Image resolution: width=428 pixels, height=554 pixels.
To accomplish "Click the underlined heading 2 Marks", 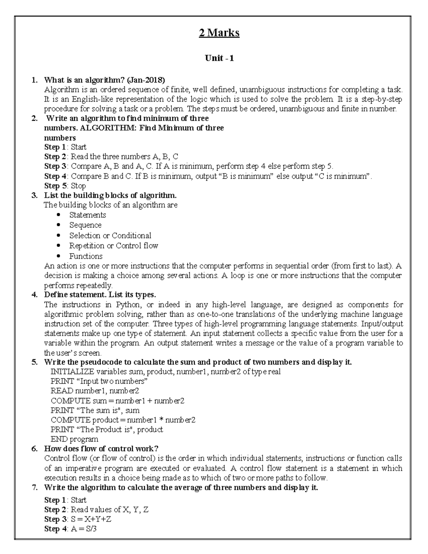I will click(219, 33).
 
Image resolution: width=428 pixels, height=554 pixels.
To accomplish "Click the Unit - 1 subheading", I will click(219, 58).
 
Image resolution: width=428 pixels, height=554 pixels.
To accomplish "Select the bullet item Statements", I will click(87, 215).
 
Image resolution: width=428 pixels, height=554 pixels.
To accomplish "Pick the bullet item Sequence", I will click(85, 225).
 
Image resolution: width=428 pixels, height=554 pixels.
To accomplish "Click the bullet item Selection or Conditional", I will click(110, 235).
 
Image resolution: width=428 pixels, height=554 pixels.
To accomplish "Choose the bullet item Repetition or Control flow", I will click(113, 246).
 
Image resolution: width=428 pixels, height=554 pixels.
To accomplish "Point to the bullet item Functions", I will click(86, 256).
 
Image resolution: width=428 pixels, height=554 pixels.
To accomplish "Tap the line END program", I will click(74, 439).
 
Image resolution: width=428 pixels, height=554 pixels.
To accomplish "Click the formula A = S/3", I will click(84, 529).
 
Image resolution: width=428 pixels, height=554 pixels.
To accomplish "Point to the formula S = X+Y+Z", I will click(91, 519).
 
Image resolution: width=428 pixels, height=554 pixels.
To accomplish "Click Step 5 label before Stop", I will click(56, 186).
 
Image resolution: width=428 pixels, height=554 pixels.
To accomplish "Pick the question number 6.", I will click(34, 449).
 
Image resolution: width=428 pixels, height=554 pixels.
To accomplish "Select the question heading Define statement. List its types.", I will click(100, 295).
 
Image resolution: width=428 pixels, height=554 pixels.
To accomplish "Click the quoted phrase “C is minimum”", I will click(342, 176).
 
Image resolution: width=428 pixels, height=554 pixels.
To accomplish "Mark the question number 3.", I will click(34, 195).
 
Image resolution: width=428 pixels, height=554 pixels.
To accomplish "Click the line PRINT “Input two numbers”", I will click(99, 381).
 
